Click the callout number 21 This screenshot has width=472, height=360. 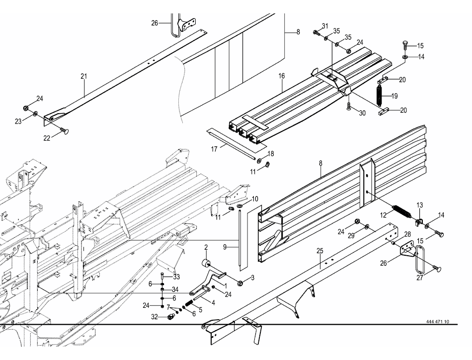tap(83, 76)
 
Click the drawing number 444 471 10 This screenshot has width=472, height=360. tap(437, 322)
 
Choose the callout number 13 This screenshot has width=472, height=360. tap(419, 205)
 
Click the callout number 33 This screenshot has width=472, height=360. tap(176, 277)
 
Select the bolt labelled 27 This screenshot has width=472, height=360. tap(437, 269)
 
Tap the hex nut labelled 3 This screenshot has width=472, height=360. tap(240, 283)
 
